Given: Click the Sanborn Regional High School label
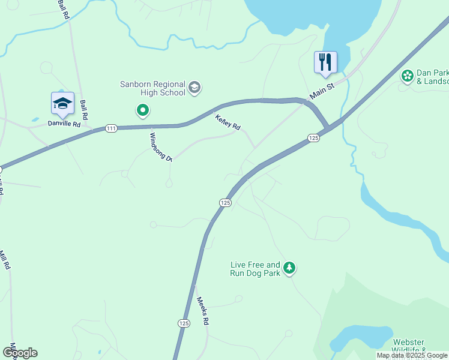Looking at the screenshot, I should pos(152,88).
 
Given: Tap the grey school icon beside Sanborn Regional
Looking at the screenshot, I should pos(194,88).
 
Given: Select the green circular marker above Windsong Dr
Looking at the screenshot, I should pos(142,110).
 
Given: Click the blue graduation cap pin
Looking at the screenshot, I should pos(62,104).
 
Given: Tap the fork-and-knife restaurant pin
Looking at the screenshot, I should pos(325,62).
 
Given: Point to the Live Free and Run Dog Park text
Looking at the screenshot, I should pos(255,268).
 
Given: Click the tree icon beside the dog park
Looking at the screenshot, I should pos(289,268).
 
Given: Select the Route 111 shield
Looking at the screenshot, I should pos(110,128).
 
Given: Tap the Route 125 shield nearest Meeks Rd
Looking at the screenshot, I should pos(184,323).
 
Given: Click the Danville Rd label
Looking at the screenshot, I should pos(64,124).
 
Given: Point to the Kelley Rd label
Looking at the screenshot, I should pos(228,122).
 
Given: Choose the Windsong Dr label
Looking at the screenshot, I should pos(160,147).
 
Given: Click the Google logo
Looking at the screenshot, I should pos(20,352).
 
